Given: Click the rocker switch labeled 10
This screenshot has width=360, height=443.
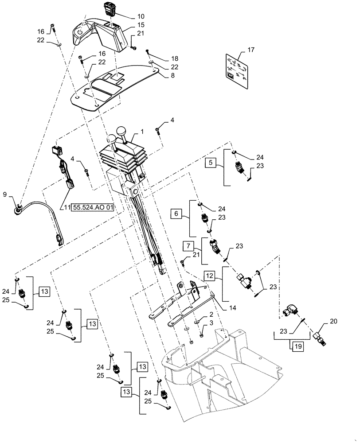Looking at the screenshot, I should [x=109, y=8].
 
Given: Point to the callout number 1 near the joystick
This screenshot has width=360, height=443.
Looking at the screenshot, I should [x=142, y=132].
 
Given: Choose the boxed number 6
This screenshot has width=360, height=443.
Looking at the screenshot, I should [x=176, y=214].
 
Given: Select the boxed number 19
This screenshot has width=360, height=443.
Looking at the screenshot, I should [x=297, y=346].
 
